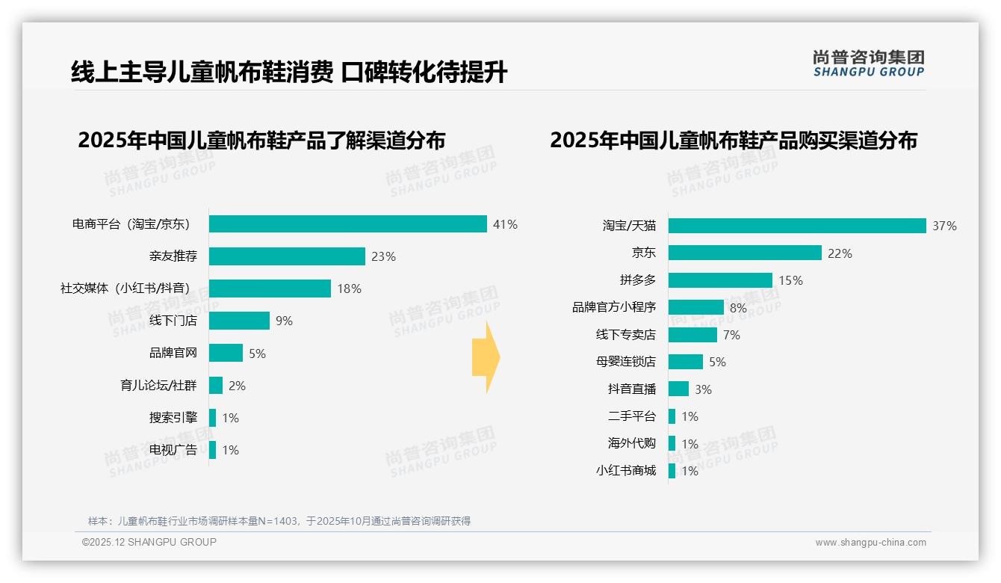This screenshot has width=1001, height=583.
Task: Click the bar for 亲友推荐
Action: pos(287,256)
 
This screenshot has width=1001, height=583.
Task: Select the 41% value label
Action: pos(505,224)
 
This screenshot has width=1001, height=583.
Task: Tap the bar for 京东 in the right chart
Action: pos(745,253)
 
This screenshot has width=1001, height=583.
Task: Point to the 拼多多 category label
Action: pos(637,280)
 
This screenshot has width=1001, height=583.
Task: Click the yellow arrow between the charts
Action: pos(486,358)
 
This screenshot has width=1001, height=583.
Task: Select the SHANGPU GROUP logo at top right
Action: pos(868,64)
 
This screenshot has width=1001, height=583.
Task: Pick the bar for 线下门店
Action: pos(239,321)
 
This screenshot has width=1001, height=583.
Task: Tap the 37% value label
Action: pos(944,226)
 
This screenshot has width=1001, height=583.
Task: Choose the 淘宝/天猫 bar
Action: pos(797,226)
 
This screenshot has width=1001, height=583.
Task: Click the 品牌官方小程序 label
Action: pos(613,307)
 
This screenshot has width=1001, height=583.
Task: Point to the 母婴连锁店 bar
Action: pos(685,362)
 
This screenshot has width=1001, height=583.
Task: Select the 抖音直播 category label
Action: pos(631,389)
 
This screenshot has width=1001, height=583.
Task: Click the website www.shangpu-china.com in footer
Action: pos(870,543)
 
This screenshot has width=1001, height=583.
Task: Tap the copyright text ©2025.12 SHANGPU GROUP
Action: pos(149,542)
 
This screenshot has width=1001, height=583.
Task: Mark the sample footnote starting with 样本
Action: pos(279,521)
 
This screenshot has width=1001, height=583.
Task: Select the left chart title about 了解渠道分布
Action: pos(261,141)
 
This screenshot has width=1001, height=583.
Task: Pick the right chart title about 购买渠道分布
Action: pos(734,141)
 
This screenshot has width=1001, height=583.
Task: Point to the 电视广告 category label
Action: pos(173,450)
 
